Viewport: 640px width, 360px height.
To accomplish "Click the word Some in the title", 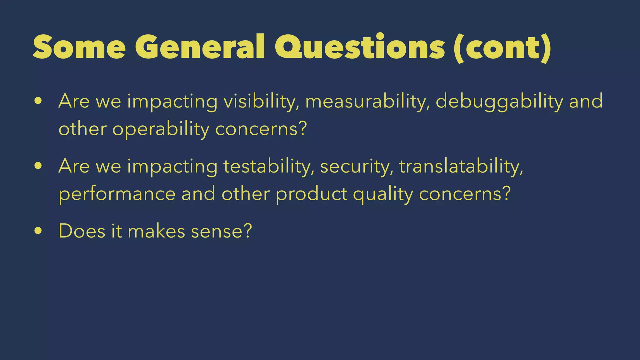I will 79,47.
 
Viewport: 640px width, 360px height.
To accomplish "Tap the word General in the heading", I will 200,47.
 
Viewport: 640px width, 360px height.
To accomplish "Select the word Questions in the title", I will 360,47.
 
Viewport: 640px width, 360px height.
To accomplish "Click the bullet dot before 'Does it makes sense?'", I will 38,231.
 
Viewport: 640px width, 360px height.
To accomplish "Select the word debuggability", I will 499,102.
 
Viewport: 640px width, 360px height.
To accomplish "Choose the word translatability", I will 461,166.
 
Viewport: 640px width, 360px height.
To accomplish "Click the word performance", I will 117,194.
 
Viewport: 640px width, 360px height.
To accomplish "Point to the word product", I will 311,194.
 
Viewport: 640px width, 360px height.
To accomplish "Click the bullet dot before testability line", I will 38,166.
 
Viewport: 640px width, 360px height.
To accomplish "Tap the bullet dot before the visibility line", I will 38,101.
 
